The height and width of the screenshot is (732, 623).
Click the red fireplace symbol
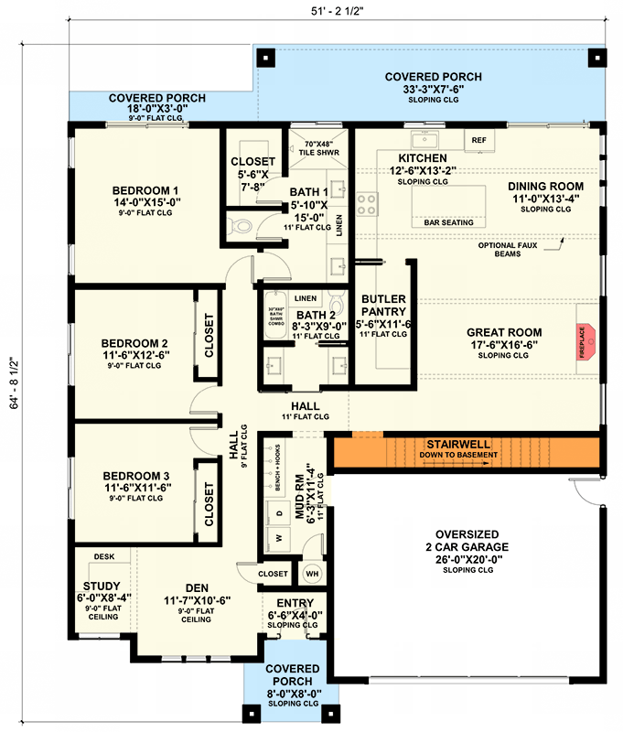tap(585, 339)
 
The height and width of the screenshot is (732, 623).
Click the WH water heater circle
tap(311, 574)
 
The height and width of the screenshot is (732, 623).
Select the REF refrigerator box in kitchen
tap(478, 140)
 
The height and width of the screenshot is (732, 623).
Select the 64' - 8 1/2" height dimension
tap(12, 383)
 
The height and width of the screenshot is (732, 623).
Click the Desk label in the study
tap(102, 555)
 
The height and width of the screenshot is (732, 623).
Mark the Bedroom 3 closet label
tap(209, 505)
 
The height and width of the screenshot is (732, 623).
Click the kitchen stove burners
tap(366, 203)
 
